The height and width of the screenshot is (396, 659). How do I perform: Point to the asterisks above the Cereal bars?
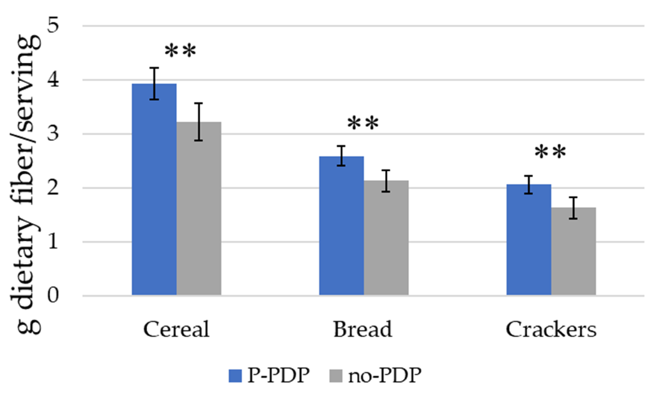pos(180,51)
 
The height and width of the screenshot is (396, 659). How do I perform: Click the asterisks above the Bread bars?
pos(363,124)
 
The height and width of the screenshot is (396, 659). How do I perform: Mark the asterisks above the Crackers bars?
pos(550,153)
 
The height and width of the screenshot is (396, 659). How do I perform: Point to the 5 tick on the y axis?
pos(53,26)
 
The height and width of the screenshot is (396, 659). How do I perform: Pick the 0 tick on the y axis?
pos(53,296)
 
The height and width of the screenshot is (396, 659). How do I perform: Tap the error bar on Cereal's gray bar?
pos(199,122)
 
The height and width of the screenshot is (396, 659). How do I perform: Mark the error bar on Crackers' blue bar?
pos(529,185)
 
